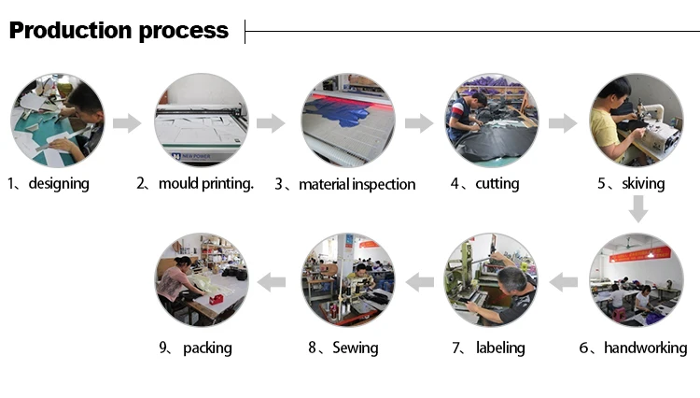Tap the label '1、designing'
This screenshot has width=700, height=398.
[x=49, y=183]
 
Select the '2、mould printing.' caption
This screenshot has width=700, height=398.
[x=195, y=183]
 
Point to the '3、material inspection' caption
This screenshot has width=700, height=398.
[x=345, y=184]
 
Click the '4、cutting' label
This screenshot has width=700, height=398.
[x=484, y=183]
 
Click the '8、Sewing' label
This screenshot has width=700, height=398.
[x=343, y=348]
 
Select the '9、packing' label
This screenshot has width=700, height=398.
[x=195, y=348]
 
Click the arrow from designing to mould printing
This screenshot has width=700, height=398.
[x=126, y=122]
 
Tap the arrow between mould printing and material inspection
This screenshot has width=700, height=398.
[x=270, y=122]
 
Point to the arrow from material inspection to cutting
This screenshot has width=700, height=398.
[x=419, y=122]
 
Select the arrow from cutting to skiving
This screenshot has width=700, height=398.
[x=563, y=122]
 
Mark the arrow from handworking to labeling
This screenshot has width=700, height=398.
[x=565, y=278]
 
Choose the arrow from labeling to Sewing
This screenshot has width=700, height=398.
[x=419, y=278]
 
